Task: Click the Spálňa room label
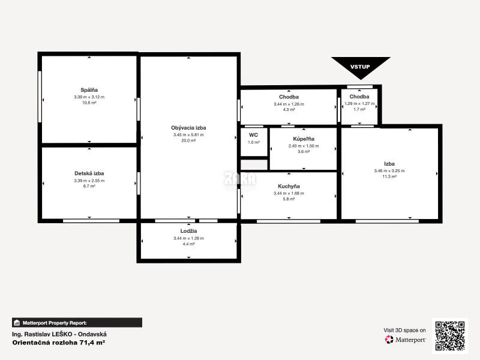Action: tap(89, 90)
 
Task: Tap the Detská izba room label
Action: tap(89, 173)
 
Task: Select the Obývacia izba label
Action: tap(188, 128)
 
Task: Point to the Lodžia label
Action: tap(188, 230)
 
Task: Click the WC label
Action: tap(253, 135)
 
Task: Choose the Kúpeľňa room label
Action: tap(303, 138)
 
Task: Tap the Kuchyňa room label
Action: tap(289, 186)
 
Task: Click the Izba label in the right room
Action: tap(389, 163)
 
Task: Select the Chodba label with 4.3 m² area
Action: tap(289, 97)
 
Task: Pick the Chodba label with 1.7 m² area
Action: tap(359, 97)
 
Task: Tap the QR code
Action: tap(450, 335)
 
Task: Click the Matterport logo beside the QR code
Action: tap(406, 340)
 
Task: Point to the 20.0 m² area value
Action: tap(188, 140)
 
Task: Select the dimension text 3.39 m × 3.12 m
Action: tap(89, 97)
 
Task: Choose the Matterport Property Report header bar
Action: tap(77, 322)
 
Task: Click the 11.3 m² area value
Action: tap(389, 176)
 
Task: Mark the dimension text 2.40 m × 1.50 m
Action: tap(303, 145)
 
